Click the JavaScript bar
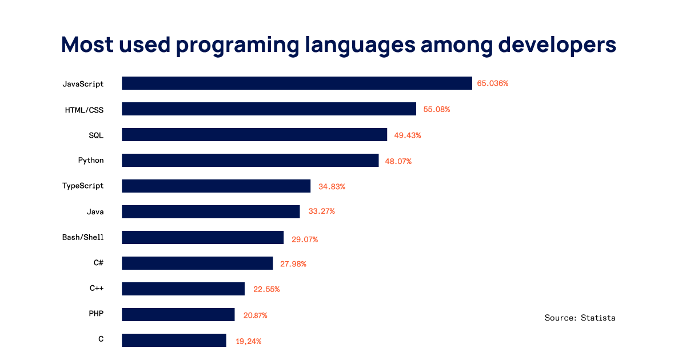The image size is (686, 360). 297,83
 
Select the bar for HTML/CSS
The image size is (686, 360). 269,109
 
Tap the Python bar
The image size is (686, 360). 250,161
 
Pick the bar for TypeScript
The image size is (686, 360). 216,186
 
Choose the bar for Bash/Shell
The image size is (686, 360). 202,238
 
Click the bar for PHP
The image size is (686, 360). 178,315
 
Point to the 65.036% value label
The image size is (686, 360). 493,83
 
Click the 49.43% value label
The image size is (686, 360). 408,135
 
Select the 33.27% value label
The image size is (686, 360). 321,211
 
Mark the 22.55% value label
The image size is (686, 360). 266,289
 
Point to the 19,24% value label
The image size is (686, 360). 249,341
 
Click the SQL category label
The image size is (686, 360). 96,135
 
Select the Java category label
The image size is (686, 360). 95,212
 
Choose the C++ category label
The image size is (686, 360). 97,289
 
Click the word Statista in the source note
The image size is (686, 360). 598,318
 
